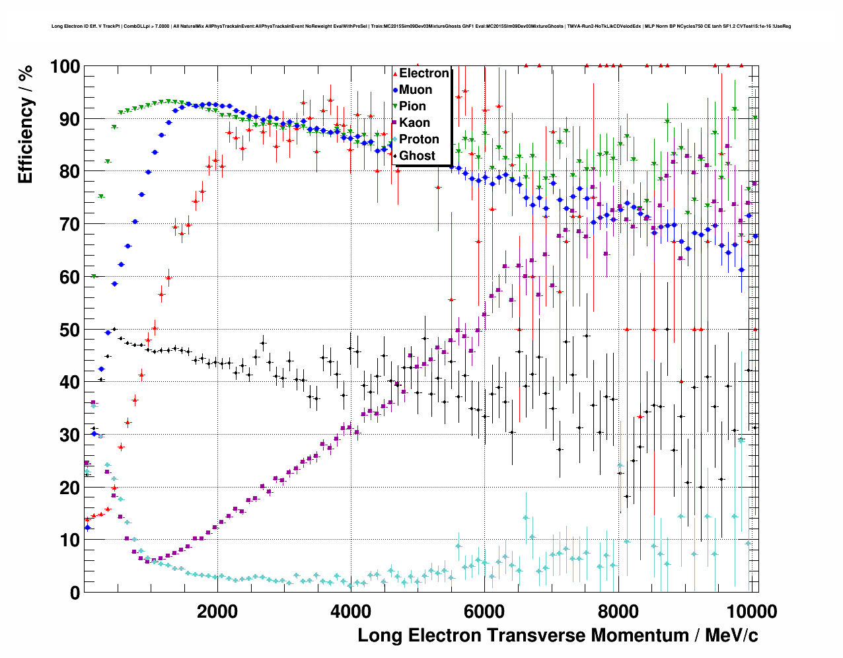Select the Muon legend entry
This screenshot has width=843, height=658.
click(416, 90)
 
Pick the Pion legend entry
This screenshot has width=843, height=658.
click(412, 106)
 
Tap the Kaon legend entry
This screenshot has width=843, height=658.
click(414, 123)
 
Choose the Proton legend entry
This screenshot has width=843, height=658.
click(419, 139)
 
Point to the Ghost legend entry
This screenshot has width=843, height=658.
click(417, 156)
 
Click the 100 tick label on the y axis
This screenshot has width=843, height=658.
click(64, 67)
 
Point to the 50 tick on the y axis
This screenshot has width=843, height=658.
click(69, 330)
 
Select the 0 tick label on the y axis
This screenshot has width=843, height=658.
click(75, 593)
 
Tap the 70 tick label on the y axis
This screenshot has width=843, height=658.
click(69, 225)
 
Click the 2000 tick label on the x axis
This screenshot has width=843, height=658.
click(217, 611)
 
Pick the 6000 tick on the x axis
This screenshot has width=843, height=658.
click(484, 611)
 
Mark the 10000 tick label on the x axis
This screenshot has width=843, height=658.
click(749, 611)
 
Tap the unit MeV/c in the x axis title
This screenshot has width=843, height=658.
click(731, 636)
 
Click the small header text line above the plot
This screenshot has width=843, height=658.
click(421, 26)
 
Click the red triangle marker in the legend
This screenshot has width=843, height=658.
click(395, 73)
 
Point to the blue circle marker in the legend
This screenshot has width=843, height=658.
click(395, 90)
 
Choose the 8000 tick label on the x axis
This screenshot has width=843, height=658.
click(618, 611)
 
